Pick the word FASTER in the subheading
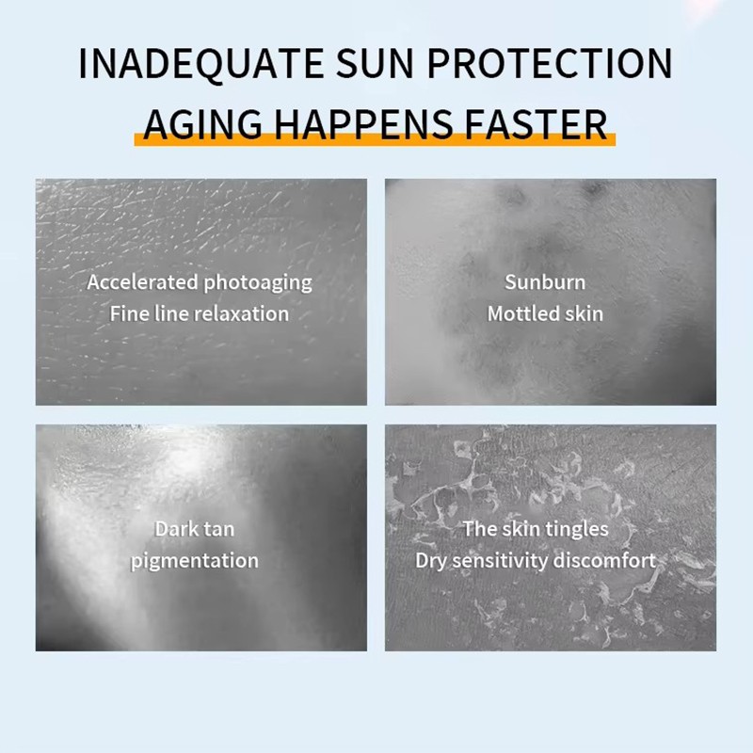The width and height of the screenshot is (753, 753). [x=537, y=123]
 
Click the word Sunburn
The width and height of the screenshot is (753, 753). [x=545, y=282]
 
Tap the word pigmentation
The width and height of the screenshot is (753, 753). [x=195, y=561]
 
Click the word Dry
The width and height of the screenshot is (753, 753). [x=432, y=561]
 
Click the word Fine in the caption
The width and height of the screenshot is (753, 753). [x=128, y=313]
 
